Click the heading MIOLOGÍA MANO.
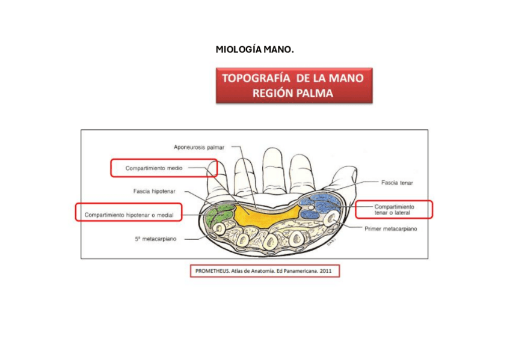[x=254, y=49]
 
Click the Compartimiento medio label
[x=154, y=168]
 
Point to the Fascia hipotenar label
[x=154, y=191]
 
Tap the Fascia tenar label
[x=397, y=182]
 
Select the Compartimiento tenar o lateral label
[x=394, y=209]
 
